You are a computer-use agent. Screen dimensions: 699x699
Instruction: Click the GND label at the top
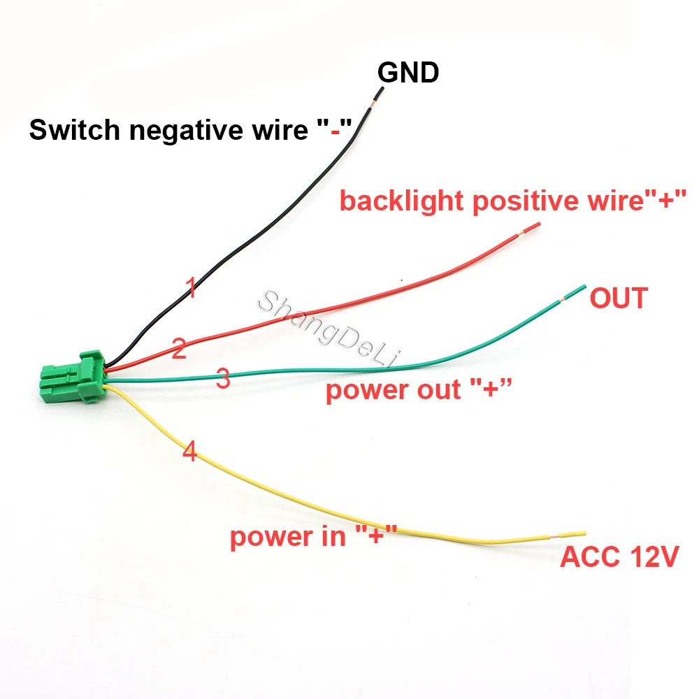(x=408, y=72)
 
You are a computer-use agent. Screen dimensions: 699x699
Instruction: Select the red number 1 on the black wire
(x=189, y=288)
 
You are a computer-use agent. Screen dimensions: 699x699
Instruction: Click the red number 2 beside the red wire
(x=179, y=348)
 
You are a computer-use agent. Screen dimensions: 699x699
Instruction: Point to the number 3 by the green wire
(x=223, y=380)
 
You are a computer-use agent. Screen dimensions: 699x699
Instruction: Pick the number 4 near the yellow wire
(x=189, y=452)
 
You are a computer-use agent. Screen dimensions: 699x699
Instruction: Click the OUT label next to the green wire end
(x=618, y=298)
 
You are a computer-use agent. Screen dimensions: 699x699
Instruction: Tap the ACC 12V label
(x=619, y=558)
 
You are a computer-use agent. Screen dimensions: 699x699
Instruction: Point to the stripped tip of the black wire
(x=378, y=99)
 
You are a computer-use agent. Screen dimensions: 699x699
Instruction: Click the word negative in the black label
(x=183, y=130)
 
